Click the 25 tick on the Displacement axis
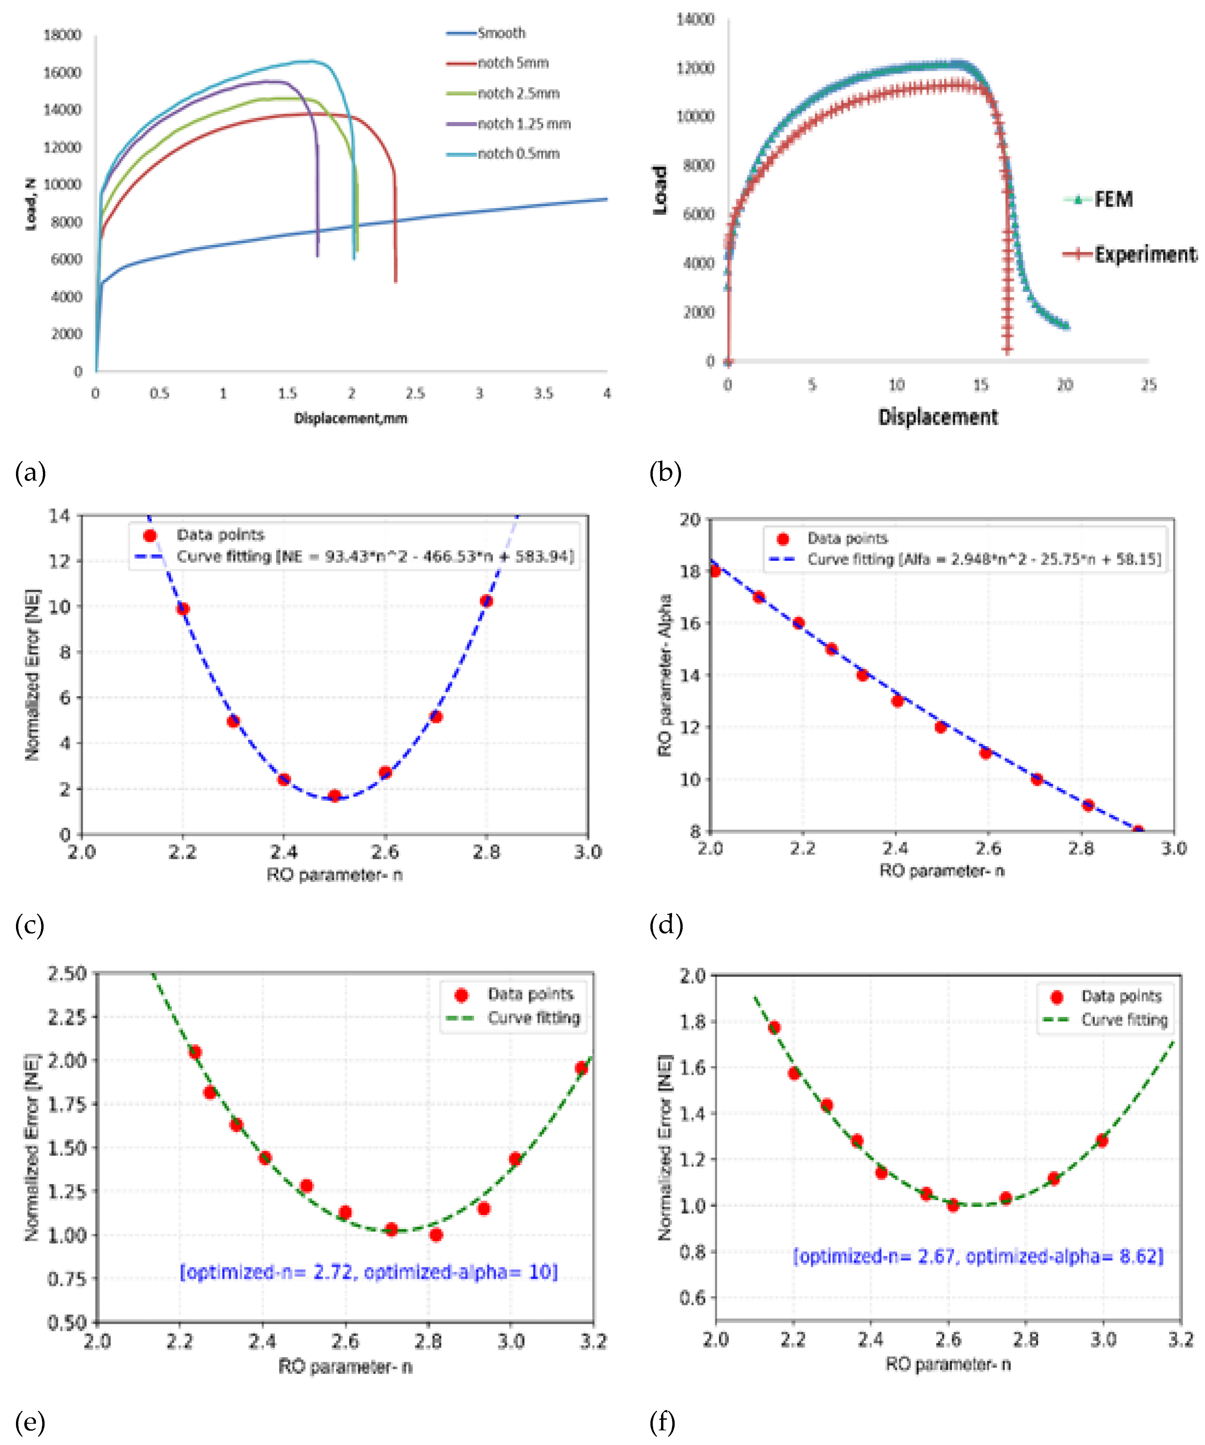(x=1148, y=385)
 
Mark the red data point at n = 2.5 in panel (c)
(x=334, y=796)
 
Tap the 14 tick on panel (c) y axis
(x=60, y=516)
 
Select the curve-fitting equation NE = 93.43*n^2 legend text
(x=375, y=556)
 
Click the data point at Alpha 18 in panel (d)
(x=715, y=571)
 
